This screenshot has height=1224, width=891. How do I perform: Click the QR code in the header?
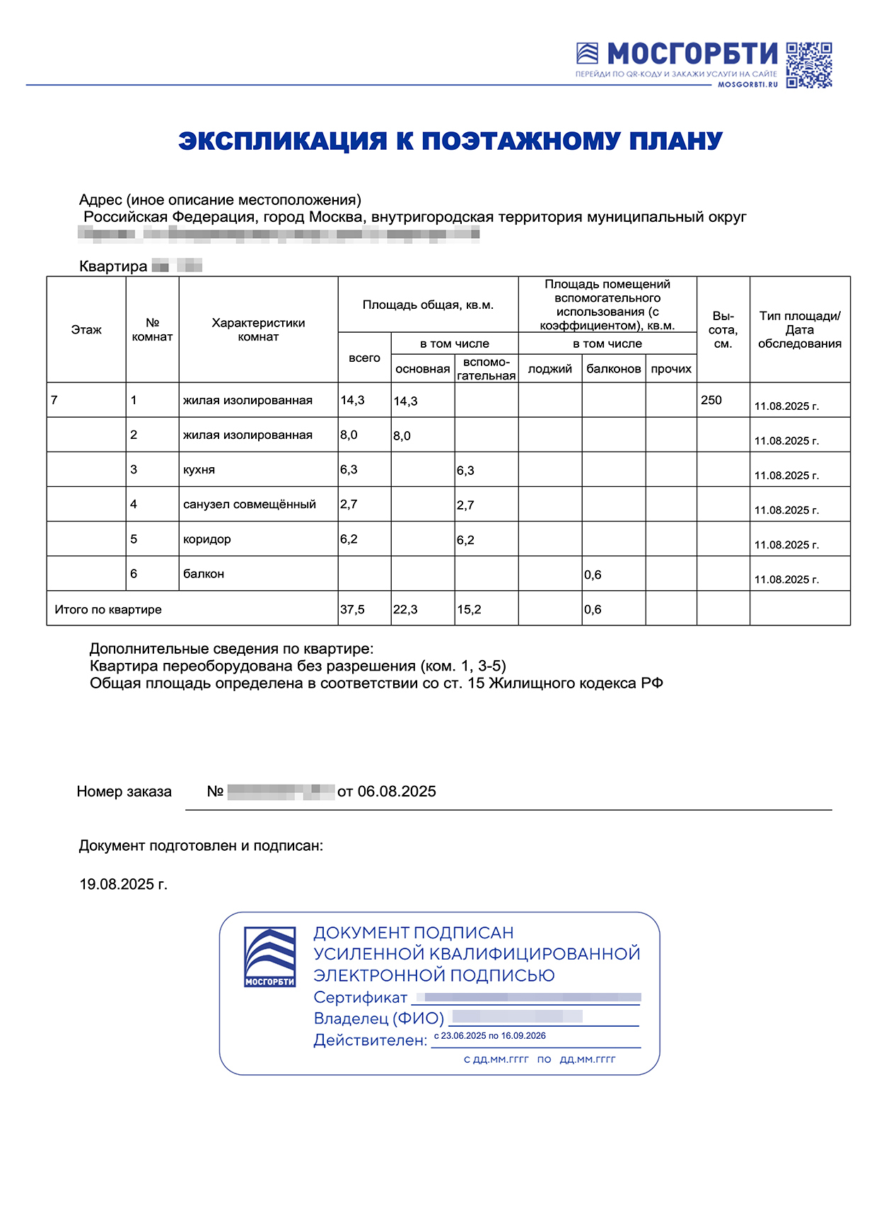click(x=809, y=65)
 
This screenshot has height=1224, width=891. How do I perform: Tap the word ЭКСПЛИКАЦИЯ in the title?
click(x=282, y=141)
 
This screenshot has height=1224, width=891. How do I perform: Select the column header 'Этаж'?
click(x=86, y=330)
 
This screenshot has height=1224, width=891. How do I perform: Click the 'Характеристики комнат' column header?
click(x=258, y=330)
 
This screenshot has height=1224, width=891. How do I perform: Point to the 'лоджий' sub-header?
click(x=549, y=369)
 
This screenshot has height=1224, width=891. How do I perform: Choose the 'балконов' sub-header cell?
click(x=613, y=369)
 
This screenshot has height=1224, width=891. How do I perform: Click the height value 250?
click(x=711, y=400)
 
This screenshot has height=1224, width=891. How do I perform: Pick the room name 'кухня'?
click(x=199, y=470)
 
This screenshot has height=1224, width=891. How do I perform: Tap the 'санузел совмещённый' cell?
click(x=249, y=505)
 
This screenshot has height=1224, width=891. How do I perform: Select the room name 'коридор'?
click(x=206, y=539)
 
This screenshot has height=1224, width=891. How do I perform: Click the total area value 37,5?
click(x=352, y=609)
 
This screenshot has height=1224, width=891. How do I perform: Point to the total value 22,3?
click(x=405, y=609)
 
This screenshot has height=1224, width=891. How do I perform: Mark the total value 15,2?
click(x=469, y=609)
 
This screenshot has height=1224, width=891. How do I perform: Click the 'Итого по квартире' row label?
click(x=108, y=609)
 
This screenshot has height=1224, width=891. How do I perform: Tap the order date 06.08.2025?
click(x=397, y=792)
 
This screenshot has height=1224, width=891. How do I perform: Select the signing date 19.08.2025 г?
click(x=123, y=884)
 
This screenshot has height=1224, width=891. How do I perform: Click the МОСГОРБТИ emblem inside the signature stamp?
click(x=269, y=958)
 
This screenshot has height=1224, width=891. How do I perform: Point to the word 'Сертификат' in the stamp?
click(x=360, y=997)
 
